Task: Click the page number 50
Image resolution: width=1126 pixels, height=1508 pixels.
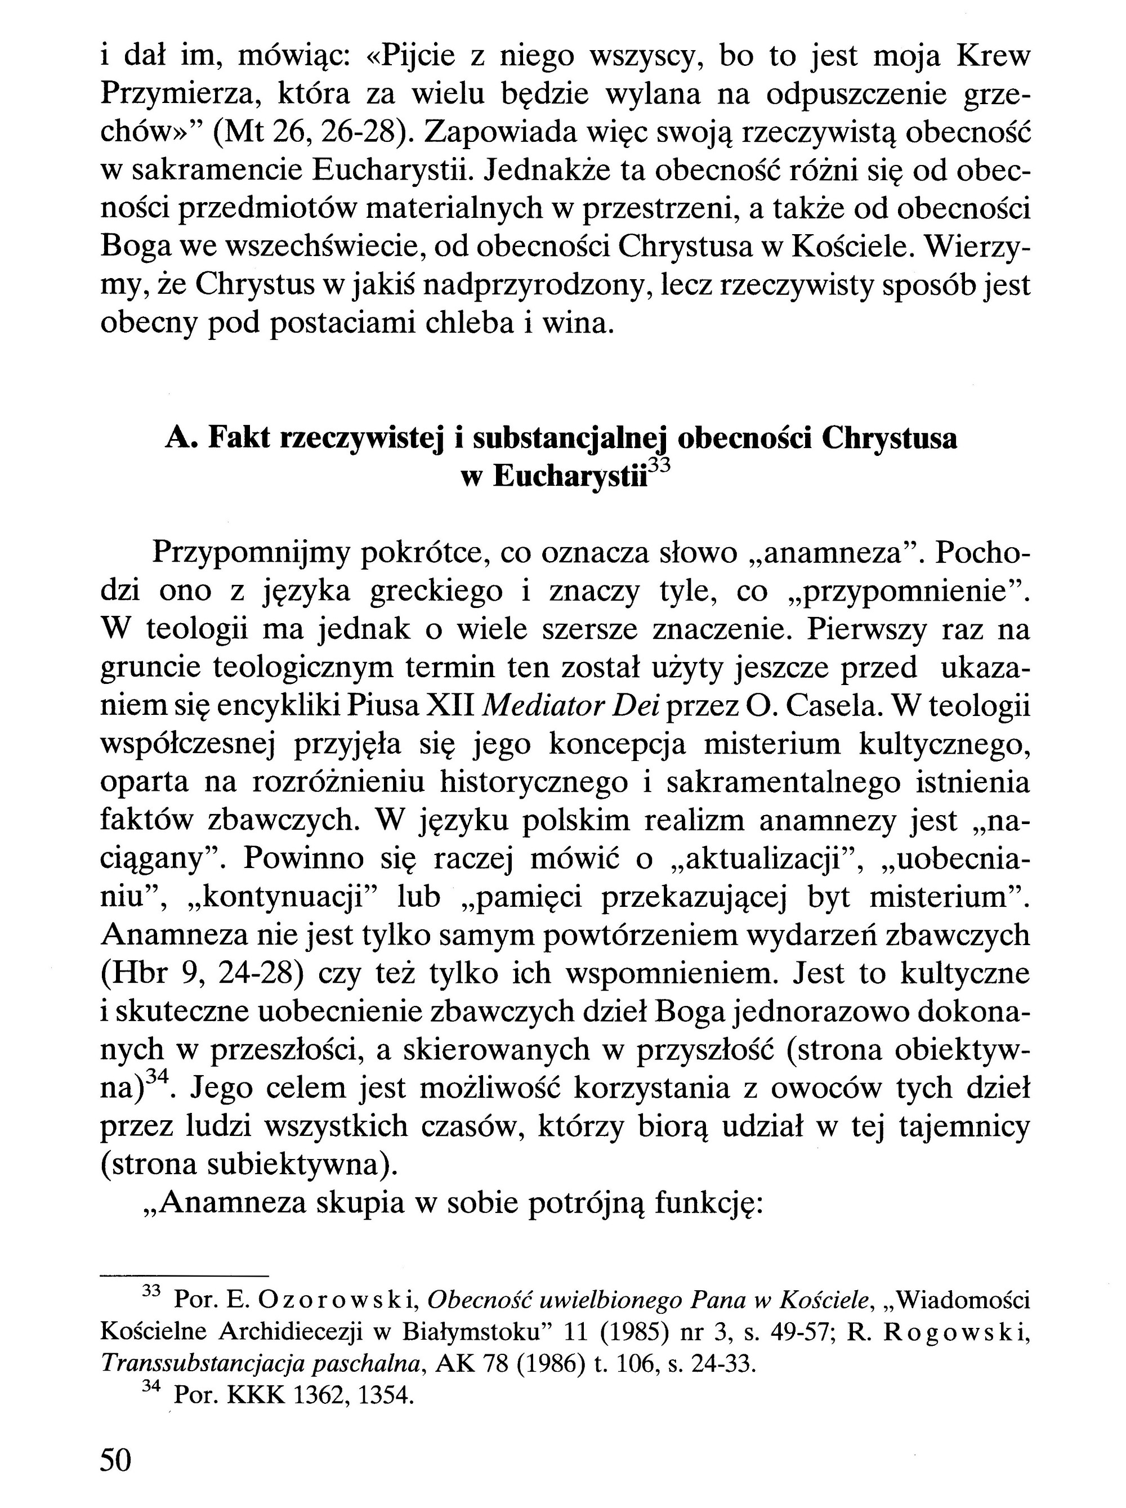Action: tap(116, 1460)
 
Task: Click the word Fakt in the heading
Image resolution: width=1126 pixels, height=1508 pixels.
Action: tap(235, 439)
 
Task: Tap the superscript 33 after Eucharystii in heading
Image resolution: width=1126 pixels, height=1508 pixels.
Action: tap(659, 467)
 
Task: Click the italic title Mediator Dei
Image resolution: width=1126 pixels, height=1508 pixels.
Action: tap(570, 706)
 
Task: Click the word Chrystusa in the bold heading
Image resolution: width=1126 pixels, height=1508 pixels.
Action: tap(889, 439)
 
